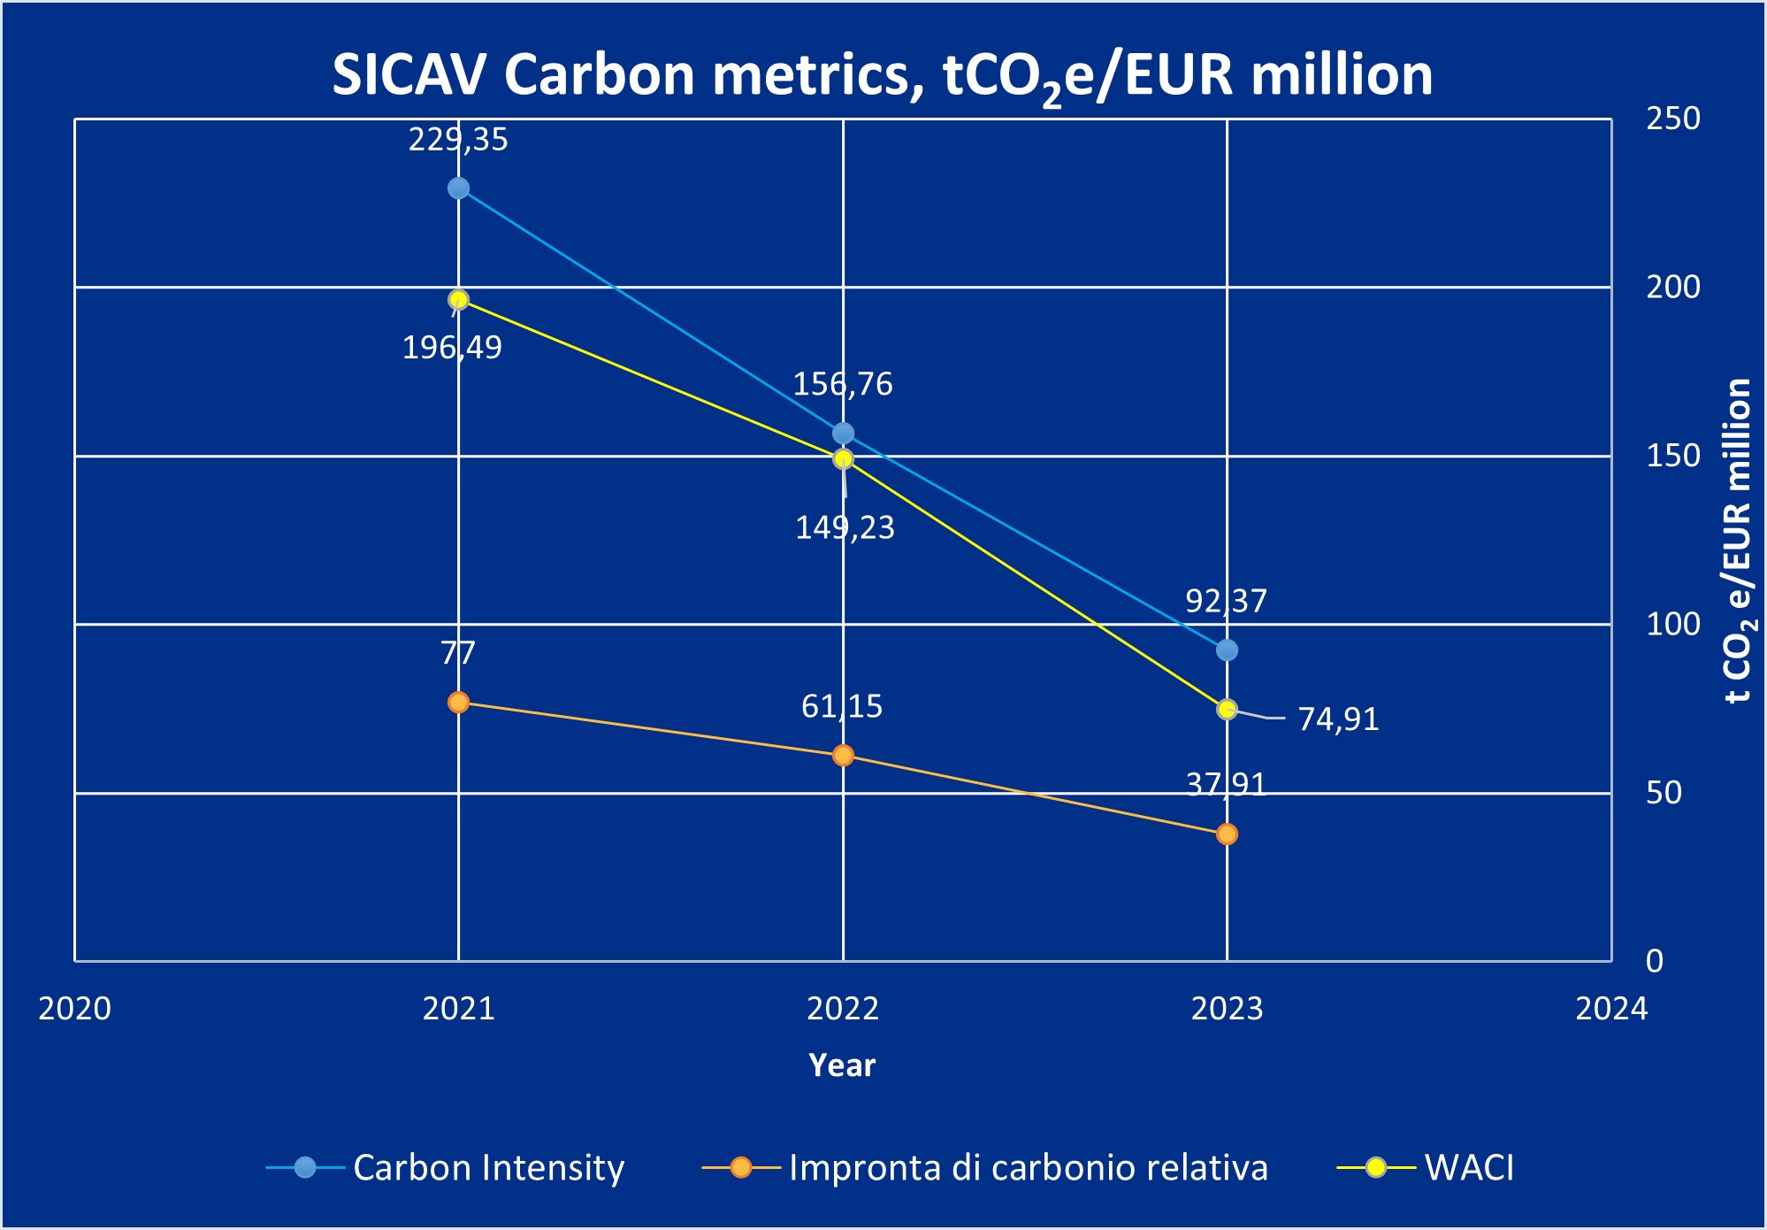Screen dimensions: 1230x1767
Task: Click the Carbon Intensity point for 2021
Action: click(x=458, y=188)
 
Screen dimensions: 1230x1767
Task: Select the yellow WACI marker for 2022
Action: click(x=843, y=458)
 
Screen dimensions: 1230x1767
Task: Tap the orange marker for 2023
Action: click(x=1227, y=834)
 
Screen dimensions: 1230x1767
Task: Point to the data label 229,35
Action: click(x=458, y=140)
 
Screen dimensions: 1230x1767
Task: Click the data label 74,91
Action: click(x=1338, y=719)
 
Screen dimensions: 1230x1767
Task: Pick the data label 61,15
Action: click(x=842, y=706)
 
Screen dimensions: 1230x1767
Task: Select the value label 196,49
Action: click(x=452, y=348)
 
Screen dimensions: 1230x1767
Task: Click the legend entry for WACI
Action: click(x=1469, y=1168)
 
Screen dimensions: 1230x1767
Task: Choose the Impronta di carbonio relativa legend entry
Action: click(x=1028, y=1168)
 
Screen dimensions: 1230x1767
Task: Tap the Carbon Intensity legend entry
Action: click(x=488, y=1168)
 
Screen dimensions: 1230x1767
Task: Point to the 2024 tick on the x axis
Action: click(x=1611, y=1009)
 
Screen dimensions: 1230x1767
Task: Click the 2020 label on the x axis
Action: click(x=74, y=1009)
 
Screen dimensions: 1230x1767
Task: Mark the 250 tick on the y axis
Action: click(x=1672, y=119)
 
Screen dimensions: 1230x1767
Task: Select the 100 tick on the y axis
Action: click(x=1672, y=625)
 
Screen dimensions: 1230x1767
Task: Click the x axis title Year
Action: click(x=842, y=1065)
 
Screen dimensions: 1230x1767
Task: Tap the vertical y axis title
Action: click(x=1738, y=540)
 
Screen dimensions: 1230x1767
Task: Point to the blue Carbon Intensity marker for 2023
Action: click(x=1227, y=650)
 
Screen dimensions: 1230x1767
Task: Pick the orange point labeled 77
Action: click(x=458, y=703)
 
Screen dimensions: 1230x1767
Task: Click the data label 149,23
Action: click(x=845, y=528)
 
